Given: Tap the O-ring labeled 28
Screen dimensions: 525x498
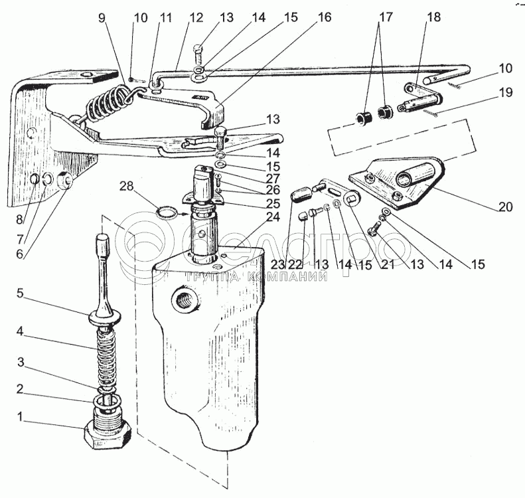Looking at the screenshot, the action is click(167, 213).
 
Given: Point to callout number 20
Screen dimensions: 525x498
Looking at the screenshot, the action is click(504, 207).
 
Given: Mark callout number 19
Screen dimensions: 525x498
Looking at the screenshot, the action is click(506, 92).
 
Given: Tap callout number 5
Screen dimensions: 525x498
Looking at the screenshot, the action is click(20, 293).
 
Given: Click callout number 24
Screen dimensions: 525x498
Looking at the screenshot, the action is click(273, 218).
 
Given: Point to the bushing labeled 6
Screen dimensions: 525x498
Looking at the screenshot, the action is click(65, 181).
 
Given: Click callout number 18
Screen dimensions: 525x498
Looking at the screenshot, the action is click(434, 17).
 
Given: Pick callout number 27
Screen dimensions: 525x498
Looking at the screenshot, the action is click(273, 178).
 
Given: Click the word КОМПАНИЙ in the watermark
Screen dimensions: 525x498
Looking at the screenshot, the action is click(287, 276).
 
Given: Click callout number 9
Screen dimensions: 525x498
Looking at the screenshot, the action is click(102, 18).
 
